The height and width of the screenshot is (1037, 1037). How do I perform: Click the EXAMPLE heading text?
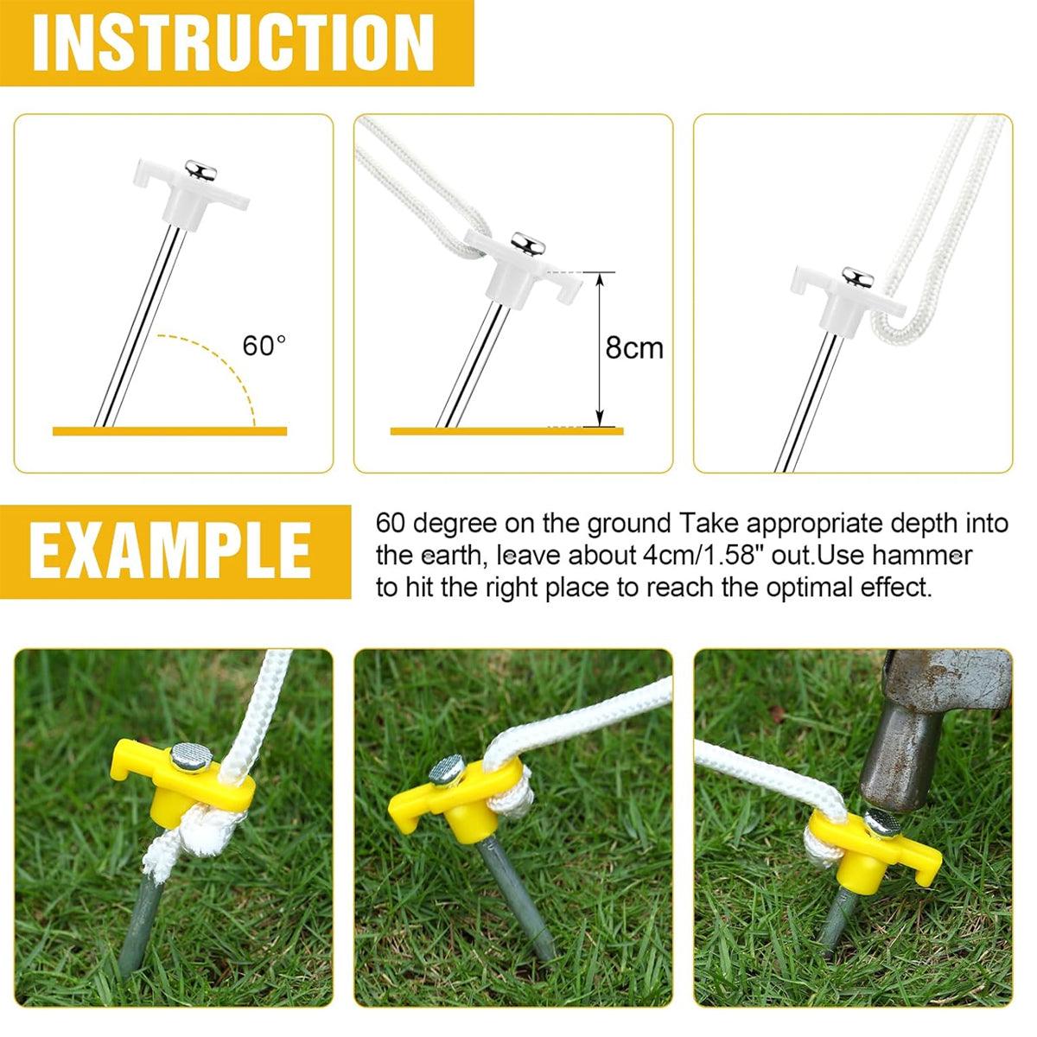(171, 550)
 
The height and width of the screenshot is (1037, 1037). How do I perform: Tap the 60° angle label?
(264, 346)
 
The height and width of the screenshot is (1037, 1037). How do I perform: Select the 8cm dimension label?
(634, 347)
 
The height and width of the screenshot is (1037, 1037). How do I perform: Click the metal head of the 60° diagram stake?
(198, 169)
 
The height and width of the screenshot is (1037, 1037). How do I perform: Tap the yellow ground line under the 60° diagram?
(169, 430)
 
